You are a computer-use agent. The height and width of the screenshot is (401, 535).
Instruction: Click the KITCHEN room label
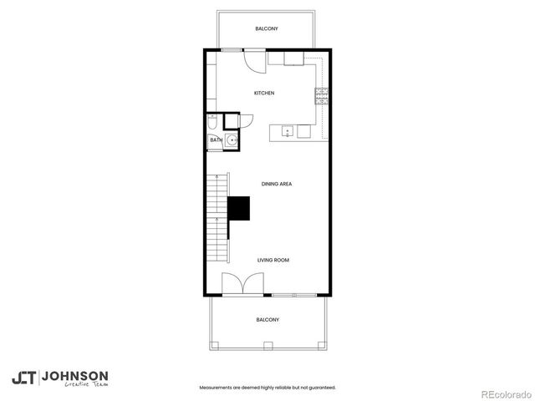click(264, 93)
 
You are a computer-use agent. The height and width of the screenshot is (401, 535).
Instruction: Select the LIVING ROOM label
click(273, 261)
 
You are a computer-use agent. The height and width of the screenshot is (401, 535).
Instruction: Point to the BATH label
click(216, 140)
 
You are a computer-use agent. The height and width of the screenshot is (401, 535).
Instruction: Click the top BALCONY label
click(267, 29)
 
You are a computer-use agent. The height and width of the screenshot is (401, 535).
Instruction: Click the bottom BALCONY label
click(267, 319)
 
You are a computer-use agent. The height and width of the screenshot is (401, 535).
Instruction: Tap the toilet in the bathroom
click(213, 122)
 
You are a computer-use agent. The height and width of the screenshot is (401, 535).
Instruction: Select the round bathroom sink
click(232, 140)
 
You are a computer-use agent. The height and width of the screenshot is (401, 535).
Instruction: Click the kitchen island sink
click(287, 131)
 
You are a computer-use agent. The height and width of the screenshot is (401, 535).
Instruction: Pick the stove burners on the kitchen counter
click(320, 94)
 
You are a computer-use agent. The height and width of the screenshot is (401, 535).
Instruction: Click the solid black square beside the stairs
click(240, 208)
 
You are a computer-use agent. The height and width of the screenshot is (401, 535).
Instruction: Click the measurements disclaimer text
click(267, 388)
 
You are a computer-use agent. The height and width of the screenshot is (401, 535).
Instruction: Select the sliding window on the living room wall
click(293, 295)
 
